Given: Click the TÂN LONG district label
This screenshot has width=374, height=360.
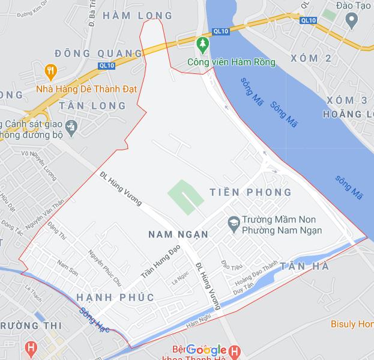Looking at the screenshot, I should [93, 106].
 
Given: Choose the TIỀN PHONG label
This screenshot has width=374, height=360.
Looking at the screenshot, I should [251, 192].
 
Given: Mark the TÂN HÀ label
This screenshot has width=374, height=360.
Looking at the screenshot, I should [304, 266].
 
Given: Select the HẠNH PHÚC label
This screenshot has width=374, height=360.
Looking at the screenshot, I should [115, 297].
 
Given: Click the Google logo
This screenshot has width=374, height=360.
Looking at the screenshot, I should [206, 350].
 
